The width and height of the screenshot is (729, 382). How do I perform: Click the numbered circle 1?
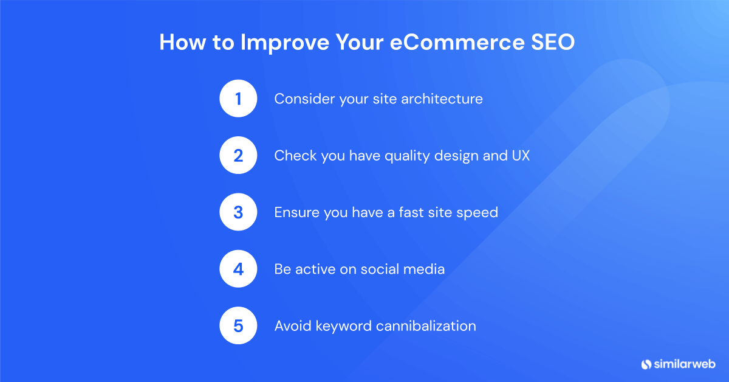[238, 99]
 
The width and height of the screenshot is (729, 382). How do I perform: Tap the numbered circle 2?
[238, 155]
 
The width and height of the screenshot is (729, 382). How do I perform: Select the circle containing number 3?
[238, 212]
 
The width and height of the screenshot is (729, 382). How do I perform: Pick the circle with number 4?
[238, 269]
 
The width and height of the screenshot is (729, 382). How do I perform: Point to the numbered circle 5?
[238, 325]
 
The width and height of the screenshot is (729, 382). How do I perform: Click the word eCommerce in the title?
[457, 42]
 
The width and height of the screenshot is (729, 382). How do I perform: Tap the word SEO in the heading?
[553, 42]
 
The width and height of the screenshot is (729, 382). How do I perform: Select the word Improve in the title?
[285, 43]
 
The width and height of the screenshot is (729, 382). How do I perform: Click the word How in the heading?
[183, 42]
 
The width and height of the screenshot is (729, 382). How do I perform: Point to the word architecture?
[442, 99]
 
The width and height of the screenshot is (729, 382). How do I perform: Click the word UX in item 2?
[521, 156]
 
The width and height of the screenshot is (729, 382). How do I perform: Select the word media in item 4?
[424, 269]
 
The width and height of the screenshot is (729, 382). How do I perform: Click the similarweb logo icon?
[646, 364]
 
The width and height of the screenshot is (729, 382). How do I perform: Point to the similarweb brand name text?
[685, 364]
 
